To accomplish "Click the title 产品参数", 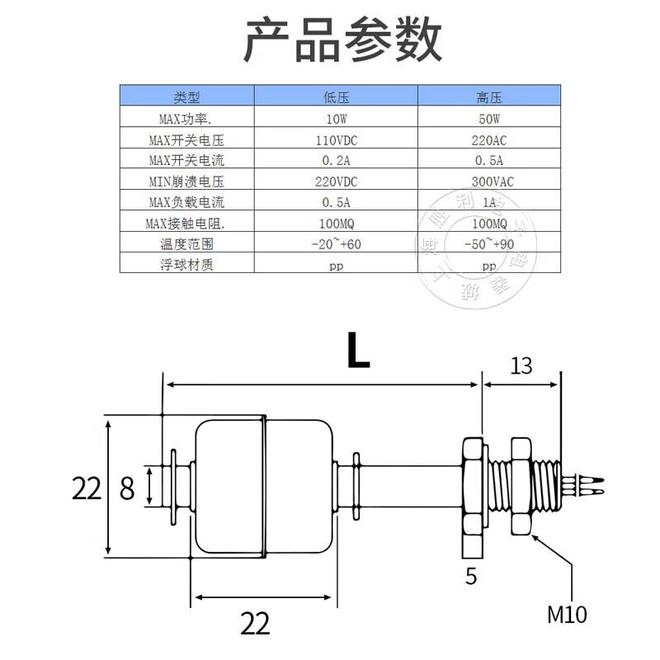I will point(342,40).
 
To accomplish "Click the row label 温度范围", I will point(186,244).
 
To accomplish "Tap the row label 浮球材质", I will point(186,265).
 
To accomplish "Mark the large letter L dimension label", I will point(357,351).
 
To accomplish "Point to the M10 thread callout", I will point(568,614).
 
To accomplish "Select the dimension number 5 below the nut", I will point(471,575).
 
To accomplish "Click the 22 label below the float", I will point(256,623).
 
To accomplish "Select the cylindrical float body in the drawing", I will point(264,487).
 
